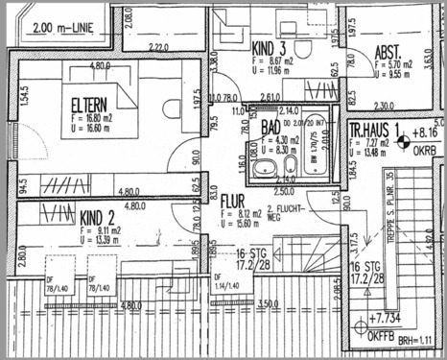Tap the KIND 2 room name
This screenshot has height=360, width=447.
click(x=99, y=217)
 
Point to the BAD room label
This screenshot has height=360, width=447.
click(x=272, y=125)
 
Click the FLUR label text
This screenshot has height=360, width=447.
click(x=235, y=201)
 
